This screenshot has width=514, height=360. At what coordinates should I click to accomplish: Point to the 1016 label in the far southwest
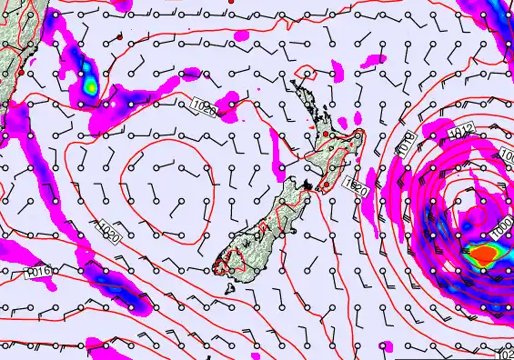(37, 271)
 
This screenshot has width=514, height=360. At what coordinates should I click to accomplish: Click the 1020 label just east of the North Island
(356, 187)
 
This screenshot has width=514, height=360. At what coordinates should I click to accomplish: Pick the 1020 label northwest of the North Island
(206, 108)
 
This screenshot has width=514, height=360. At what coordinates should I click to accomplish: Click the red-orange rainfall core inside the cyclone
(481, 255)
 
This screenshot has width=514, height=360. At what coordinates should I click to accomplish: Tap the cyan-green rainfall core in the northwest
(90, 85)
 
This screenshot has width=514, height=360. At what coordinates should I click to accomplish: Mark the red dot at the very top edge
(231, 2)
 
